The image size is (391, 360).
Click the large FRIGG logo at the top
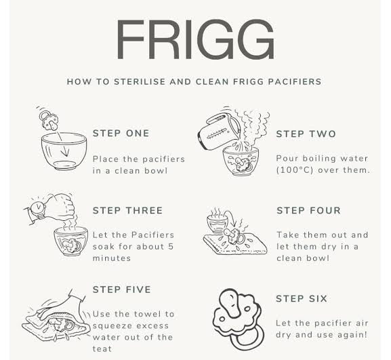point(195,39)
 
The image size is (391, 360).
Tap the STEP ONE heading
point(121,134)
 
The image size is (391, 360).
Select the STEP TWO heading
point(306,134)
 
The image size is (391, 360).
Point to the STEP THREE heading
point(127,211)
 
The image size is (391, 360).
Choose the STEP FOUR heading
point(308,211)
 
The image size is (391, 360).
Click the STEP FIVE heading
point(122,289)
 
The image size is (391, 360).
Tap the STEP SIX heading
point(302,298)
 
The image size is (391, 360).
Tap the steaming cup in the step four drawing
point(217,222)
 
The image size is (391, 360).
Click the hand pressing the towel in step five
point(61,306)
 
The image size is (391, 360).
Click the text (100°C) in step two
point(294,170)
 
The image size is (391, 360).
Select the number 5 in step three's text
point(171,247)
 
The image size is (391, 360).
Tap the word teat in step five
point(102,348)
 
